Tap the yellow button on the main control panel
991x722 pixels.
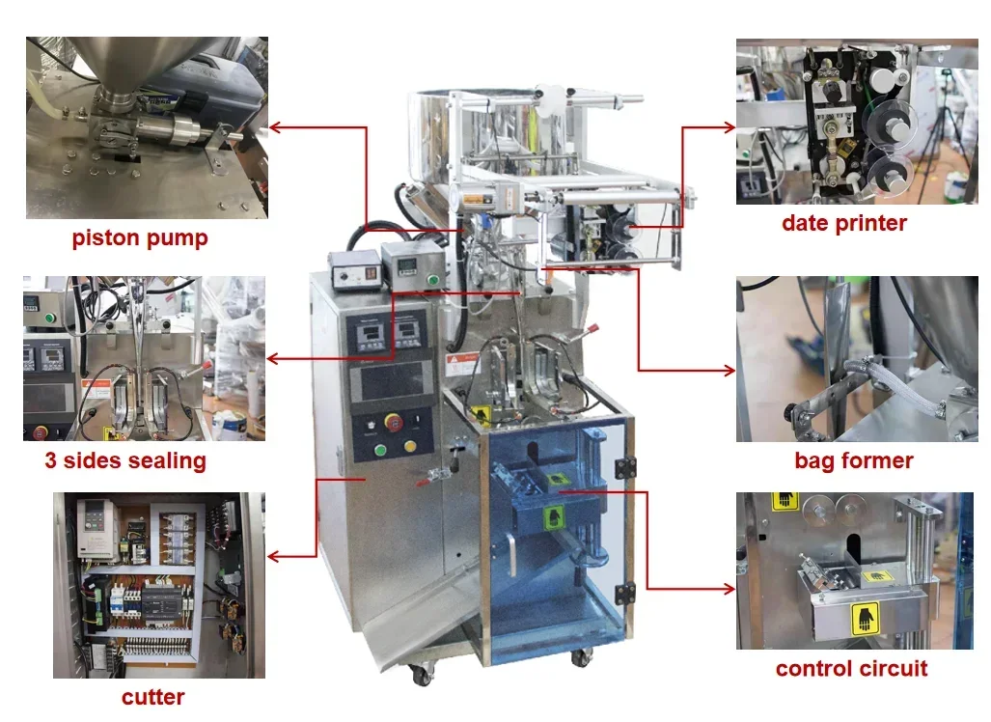click(x=410, y=447)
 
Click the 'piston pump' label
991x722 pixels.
click(x=140, y=238)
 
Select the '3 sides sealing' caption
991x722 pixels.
click(x=125, y=460)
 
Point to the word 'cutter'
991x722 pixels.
click(x=153, y=697)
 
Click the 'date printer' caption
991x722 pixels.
click(x=844, y=223)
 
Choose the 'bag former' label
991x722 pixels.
click(x=854, y=460)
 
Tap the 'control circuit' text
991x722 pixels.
click(x=852, y=668)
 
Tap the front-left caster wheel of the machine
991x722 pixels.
click(x=422, y=675)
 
